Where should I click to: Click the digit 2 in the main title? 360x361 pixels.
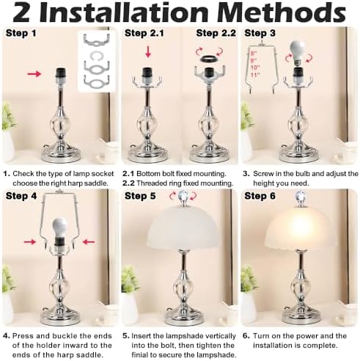pyautogui.click(x=18, y=13)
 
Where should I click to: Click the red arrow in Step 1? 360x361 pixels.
pyautogui.click(x=34, y=73)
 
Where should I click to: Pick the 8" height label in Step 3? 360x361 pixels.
pyautogui.click(x=254, y=52)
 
